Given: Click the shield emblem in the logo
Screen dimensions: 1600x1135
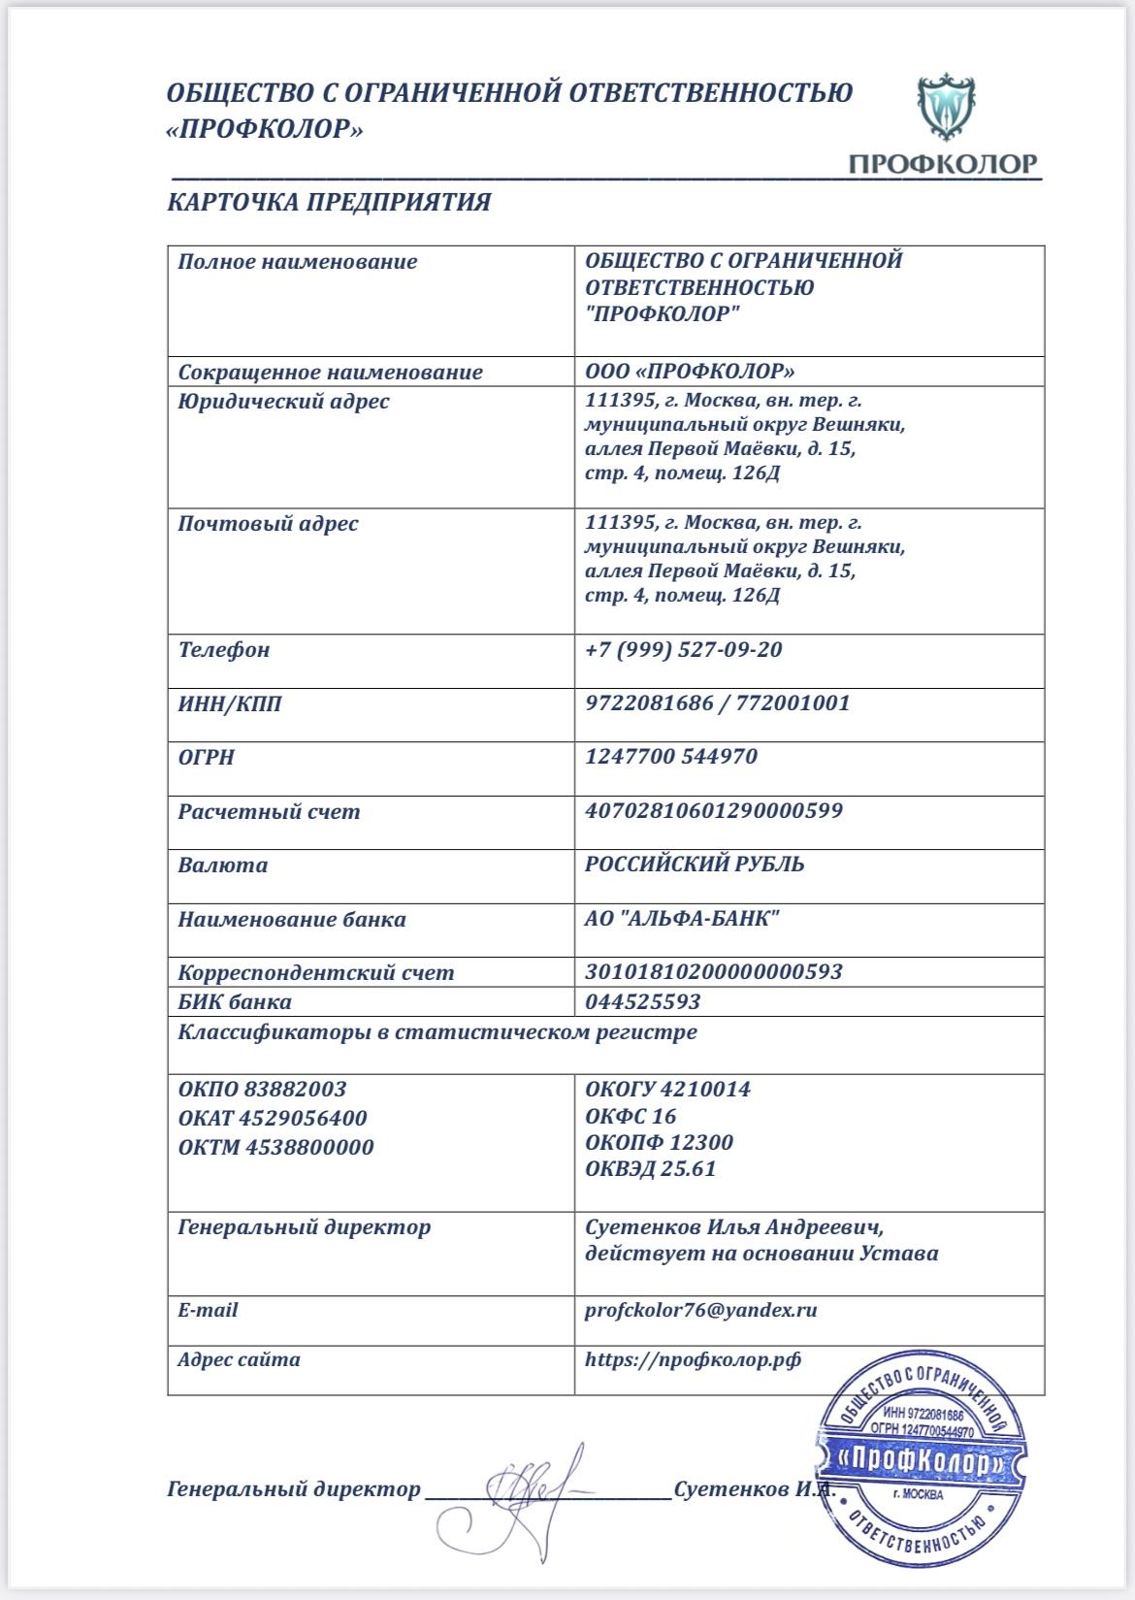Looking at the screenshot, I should (947, 108).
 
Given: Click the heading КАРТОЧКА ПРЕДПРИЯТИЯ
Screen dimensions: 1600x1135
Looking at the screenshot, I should (329, 202).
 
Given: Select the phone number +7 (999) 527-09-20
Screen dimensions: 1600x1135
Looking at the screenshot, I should (683, 649).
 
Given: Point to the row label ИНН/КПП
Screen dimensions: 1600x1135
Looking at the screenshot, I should (229, 703).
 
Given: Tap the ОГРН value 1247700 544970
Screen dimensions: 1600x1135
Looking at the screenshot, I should (670, 756).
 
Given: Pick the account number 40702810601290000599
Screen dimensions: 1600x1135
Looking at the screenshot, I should (713, 810).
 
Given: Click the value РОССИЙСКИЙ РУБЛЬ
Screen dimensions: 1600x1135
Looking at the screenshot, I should (695, 864).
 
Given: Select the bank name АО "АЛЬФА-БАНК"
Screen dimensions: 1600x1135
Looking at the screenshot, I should (682, 918).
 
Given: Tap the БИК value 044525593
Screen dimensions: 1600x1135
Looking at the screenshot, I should (642, 1001).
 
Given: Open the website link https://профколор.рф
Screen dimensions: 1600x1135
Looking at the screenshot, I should (693, 1359).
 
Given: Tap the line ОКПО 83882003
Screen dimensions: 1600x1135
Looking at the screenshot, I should (262, 1089).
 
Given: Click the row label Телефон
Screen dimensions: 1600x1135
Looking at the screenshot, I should (223, 649).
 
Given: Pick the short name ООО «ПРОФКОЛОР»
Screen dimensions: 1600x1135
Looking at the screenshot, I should (690, 372).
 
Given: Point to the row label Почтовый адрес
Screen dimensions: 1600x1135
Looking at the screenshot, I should (268, 524).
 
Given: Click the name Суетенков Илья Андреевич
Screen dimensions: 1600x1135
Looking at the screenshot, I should (734, 1226).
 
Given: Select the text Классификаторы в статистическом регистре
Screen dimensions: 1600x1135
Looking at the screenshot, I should (437, 1031).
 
